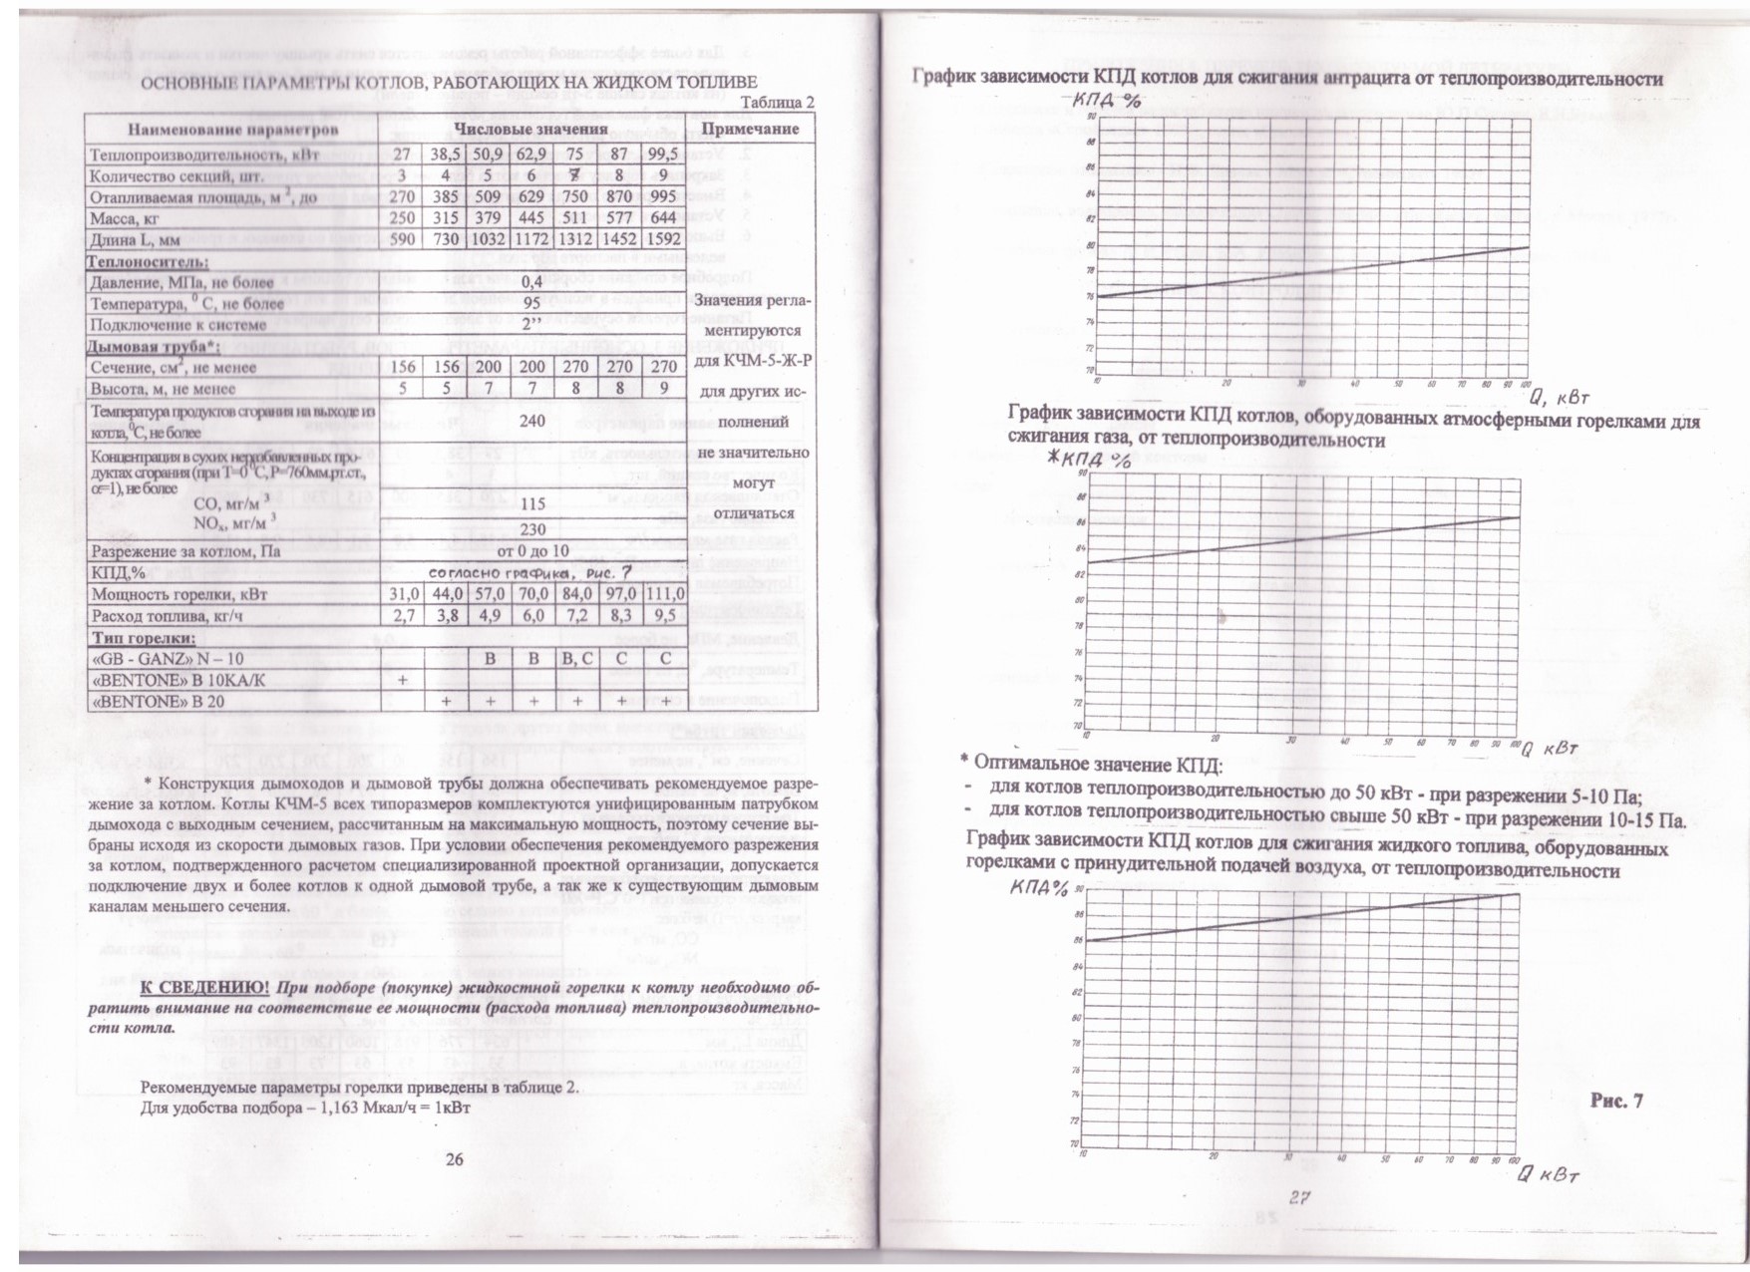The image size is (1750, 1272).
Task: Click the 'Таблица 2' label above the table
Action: point(778,103)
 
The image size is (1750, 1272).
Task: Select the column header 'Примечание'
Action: point(750,130)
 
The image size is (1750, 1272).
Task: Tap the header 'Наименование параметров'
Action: point(232,131)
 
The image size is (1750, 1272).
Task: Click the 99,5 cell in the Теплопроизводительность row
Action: point(663,155)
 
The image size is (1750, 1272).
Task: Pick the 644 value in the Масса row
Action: point(663,217)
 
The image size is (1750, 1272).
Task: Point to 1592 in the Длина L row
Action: point(663,239)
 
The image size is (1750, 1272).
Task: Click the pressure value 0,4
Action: point(531,282)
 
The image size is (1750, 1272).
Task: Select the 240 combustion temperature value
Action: point(531,421)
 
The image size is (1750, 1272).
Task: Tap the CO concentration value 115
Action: point(532,504)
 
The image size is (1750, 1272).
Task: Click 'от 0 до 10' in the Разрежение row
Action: point(532,550)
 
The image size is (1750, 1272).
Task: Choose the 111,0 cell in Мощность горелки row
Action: point(664,594)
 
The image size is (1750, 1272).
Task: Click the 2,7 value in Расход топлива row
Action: point(403,616)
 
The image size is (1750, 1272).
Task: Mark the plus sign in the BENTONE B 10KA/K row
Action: point(403,680)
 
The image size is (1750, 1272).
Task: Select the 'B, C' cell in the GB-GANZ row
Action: point(577,659)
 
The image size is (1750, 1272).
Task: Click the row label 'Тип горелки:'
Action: point(144,638)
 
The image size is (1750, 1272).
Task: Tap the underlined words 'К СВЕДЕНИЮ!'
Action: point(204,987)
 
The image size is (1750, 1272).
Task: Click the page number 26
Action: point(454,1159)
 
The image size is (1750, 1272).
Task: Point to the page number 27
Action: point(1298,1197)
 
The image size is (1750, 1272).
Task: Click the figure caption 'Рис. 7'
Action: point(1616,1101)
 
